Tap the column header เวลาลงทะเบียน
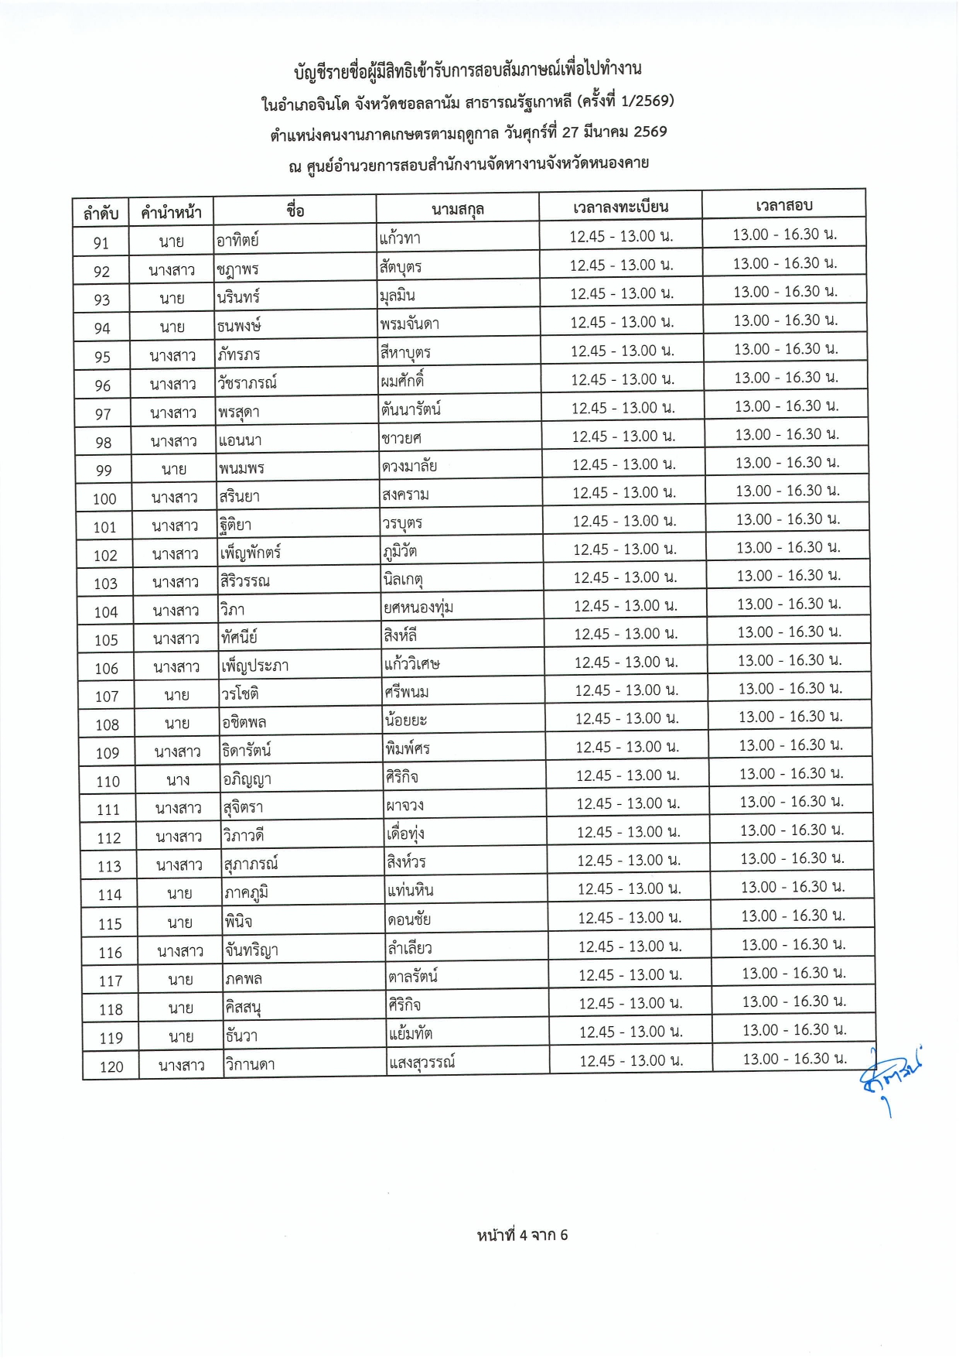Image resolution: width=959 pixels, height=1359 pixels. (x=621, y=207)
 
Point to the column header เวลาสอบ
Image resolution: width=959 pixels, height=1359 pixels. (x=783, y=205)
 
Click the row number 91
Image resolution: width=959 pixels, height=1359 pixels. (x=101, y=243)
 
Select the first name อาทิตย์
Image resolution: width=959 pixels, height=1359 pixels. (x=237, y=240)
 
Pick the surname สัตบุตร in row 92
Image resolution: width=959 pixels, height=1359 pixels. (x=401, y=267)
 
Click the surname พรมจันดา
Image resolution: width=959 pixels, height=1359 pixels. (x=410, y=323)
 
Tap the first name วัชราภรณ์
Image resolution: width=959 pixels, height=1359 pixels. (x=247, y=383)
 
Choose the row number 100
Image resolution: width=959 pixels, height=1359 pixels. (x=104, y=499)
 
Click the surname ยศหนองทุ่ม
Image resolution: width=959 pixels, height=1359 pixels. (x=418, y=608)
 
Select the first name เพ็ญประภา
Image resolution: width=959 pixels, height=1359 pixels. (x=254, y=666)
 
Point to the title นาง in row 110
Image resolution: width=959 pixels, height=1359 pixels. (x=178, y=780)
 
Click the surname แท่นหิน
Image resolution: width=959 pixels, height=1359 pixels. (x=411, y=891)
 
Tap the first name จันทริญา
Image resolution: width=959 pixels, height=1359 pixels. (x=251, y=950)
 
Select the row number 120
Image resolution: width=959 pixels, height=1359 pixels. (x=111, y=1067)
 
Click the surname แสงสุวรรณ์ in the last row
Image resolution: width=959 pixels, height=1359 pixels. (x=421, y=1062)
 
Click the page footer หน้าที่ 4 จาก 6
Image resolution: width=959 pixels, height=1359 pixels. (x=522, y=1235)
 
